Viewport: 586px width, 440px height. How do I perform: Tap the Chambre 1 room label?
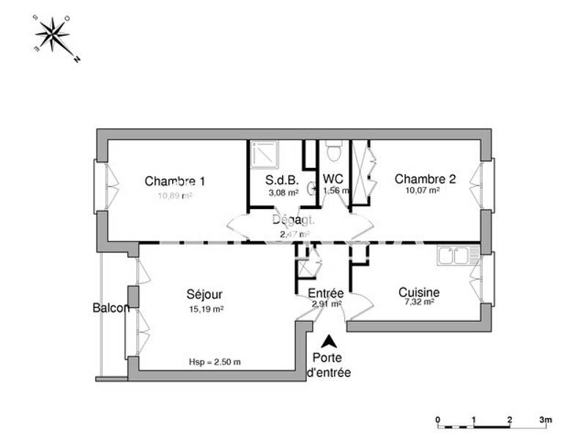coord(174,181)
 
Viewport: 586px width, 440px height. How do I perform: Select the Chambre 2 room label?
coord(426,179)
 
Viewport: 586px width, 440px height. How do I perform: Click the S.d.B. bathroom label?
coord(282,179)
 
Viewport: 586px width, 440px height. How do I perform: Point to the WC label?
coord(333,179)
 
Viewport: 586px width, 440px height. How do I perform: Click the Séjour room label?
coord(204,294)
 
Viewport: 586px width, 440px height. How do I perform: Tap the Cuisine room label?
coord(419,292)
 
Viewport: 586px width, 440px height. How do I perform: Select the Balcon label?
coord(111,308)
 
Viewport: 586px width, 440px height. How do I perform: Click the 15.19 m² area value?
coord(206,309)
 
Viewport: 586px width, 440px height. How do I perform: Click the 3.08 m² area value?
coord(283,193)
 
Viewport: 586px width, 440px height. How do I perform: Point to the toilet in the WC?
coord(334,152)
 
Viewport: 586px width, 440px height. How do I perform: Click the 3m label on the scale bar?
coord(545,419)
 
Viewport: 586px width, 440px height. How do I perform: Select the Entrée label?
coord(326,293)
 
